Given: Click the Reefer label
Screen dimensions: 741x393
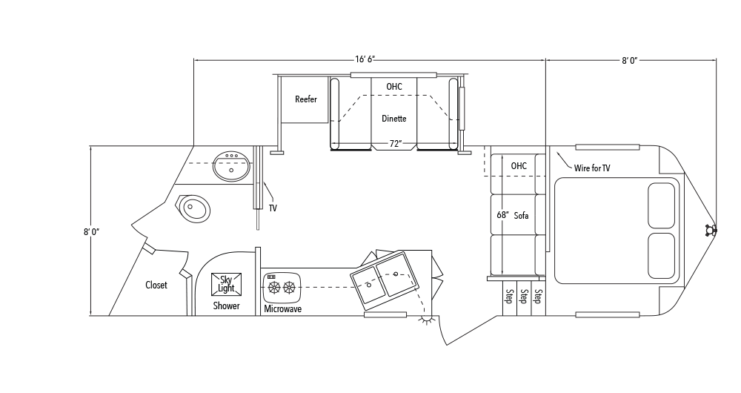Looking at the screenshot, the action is (306, 99).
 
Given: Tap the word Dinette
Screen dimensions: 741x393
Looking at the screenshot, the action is (394, 119).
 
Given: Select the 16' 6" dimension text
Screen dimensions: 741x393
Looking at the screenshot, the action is (365, 59).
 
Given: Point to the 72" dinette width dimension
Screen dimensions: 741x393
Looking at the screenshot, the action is (395, 144).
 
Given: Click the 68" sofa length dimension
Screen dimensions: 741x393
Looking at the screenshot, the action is (503, 215).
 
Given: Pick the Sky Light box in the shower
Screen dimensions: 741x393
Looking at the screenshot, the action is (226, 284).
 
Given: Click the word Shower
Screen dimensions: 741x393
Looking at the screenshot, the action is (226, 306).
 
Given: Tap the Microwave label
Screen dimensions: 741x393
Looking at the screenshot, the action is (282, 309).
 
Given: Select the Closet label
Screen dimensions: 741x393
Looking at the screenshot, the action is (156, 285).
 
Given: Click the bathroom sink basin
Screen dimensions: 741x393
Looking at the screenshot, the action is (231, 167).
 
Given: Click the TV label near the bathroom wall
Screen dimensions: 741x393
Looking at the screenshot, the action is (273, 208).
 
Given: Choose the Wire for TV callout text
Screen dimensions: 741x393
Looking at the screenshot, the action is (592, 168).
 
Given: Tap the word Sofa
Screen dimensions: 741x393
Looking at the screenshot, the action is (521, 216).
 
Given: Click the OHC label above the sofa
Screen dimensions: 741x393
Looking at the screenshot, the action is (519, 166).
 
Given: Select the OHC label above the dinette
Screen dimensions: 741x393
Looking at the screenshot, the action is (394, 87).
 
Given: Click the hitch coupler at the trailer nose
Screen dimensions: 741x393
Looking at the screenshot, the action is (711, 231).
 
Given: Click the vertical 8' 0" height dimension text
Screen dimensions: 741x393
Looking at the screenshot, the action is (92, 232).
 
